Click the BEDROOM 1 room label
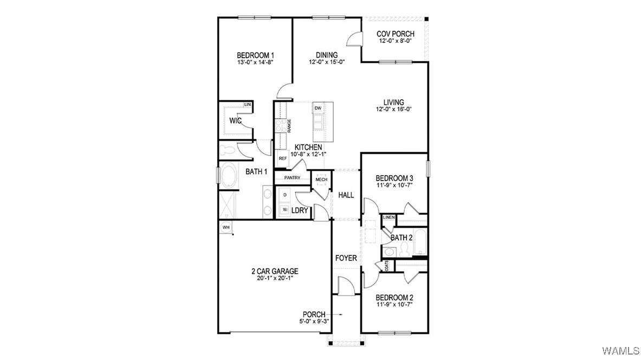pos(255,55)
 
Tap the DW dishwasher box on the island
pos(318,108)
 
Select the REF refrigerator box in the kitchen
pos(282,158)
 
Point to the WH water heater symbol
pos(225,227)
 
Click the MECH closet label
pos(321,179)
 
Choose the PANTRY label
pos(292,177)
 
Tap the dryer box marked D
pos(284,195)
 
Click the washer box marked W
pos(284,210)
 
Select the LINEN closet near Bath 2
pos(389,217)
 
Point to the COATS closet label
pos(387,266)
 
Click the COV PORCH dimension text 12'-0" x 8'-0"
pos(395,41)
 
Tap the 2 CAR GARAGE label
pos(275,271)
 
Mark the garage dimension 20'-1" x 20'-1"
pos(275,278)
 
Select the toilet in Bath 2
pos(405,249)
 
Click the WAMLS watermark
pos(620,350)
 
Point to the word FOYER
pos(346,258)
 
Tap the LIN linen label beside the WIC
pos(247,105)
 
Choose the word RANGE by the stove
pos(289,125)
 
